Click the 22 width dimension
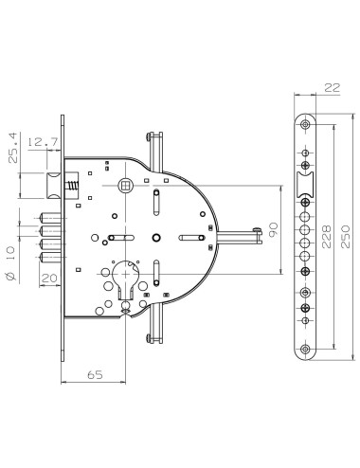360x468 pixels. (304, 87)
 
